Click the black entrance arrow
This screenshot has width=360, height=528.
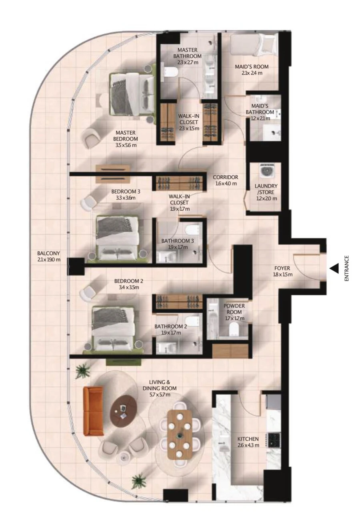[x=334, y=269]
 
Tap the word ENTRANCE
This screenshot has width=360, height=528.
[x=346, y=269]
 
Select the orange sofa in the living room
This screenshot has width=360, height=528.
[x=90, y=411]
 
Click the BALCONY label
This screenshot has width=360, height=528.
[x=49, y=256]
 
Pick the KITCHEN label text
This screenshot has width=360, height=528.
[x=248, y=439]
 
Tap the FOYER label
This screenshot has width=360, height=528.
[x=282, y=268]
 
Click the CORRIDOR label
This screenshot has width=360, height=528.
[x=226, y=177]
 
